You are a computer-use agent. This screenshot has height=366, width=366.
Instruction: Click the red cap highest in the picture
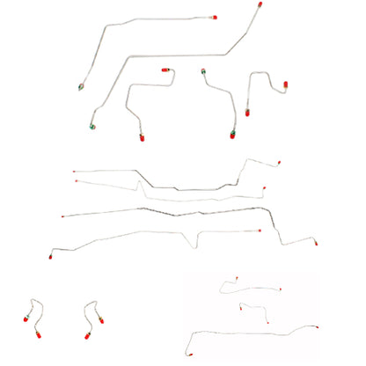coord(262,6)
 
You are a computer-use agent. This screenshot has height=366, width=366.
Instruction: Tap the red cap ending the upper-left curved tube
coord(214,16)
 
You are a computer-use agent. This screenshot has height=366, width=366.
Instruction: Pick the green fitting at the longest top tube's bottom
coord(93,124)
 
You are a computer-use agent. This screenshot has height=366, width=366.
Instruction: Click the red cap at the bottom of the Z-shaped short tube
coord(141,138)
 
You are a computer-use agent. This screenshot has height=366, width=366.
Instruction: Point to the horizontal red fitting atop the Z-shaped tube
coord(164,70)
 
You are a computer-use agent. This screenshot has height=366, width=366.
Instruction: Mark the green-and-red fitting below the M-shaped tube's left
coord(231,135)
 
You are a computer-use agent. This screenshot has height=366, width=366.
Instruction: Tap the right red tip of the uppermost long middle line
coord(280,162)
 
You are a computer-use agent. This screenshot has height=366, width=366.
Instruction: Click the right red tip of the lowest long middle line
coord(317,243)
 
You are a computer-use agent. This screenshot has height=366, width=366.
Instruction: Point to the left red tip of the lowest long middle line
coord(51,252)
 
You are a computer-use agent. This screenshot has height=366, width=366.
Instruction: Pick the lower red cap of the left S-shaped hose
coord(26,335)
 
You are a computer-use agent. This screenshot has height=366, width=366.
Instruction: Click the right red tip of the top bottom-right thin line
coord(281,288)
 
